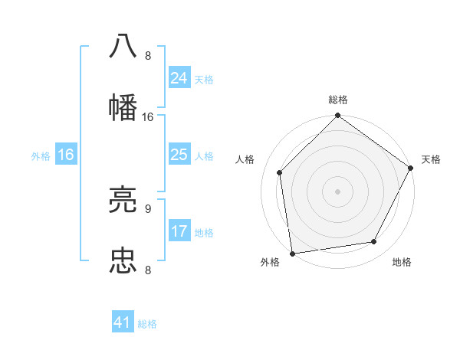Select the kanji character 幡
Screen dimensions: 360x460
click(x=123, y=106)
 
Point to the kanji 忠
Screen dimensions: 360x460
click(x=123, y=260)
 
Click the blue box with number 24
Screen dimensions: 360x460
click(x=179, y=78)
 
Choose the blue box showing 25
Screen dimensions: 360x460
click(x=179, y=155)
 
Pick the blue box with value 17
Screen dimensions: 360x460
click(x=179, y=231)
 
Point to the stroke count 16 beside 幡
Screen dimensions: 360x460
click(x=148, y=117)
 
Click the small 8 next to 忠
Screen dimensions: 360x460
click(x=147, y=270)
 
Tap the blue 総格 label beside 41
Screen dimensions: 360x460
click(x=147, y=324)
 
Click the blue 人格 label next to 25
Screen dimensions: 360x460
click(x=204, y=155)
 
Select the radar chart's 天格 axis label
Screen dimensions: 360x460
click(x=431, y=159)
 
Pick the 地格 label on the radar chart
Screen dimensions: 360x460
click(x=402, y=262)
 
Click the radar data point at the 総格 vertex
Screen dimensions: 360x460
click(x=337, y=116)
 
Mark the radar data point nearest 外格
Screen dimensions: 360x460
click(x=292, y=253)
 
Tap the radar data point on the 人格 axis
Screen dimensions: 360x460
click(x=279, y=172)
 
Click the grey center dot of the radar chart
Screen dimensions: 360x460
click(x=337, y=191)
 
